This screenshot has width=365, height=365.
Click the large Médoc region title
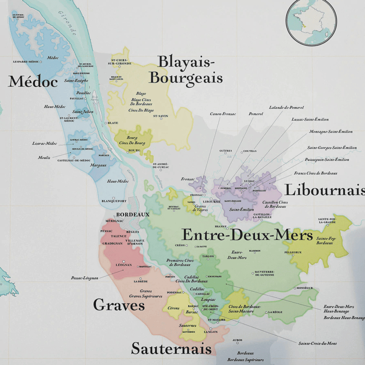point(33,81)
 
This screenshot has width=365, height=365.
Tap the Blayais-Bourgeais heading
point(186,70)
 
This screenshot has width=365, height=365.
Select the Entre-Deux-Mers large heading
point(247,235)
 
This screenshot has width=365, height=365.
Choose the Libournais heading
point(324,190)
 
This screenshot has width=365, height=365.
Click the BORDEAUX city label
point(133,214)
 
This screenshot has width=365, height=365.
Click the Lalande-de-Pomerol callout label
point(286,108)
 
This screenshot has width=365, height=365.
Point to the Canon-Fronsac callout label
point(223,114)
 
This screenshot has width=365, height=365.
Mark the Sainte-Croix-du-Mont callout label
point(317,343)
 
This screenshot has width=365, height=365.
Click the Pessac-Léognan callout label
point(84,278)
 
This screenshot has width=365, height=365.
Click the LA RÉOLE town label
point(275,312)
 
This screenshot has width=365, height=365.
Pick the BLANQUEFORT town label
point(114,201)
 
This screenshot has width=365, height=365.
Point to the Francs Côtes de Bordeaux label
point(316,173)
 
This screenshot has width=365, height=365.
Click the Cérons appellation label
point(173,308)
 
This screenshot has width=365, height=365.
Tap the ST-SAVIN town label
point(161,116)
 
